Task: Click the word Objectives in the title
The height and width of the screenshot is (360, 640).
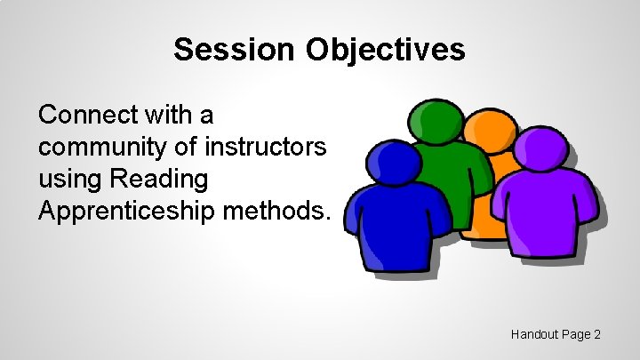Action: (x=386, y=50)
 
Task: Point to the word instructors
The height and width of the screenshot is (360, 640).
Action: (x=266, y=147)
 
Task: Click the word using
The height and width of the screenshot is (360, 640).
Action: (x=66, y=179)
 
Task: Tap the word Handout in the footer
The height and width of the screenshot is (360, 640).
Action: (x=534, y=334)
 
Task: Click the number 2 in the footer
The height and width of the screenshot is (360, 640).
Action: (x=597, y=334)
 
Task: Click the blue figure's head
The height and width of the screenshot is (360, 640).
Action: (x=395, y=164)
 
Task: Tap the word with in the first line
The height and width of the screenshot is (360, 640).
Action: (x=169, y=115)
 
